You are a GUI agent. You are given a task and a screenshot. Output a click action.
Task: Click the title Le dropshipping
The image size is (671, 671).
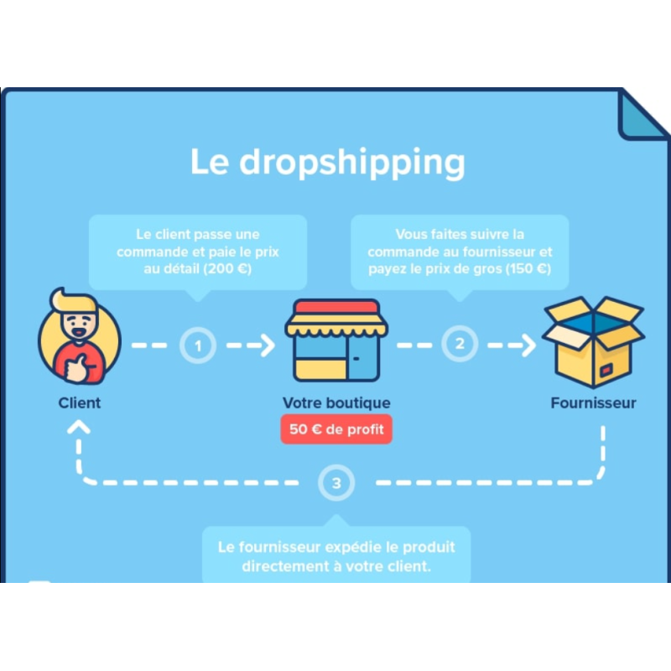click(x=327, y=162)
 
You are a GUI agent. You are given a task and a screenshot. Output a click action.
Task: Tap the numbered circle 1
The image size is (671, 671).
click(x=198, y=346)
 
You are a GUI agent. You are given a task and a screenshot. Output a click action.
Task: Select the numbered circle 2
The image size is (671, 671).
click(x=460, y=344)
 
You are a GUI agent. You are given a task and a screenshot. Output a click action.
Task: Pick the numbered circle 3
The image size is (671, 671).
click(x=336, y=483)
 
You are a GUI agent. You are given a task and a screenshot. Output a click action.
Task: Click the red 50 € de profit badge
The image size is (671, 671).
click(x=336, y=429)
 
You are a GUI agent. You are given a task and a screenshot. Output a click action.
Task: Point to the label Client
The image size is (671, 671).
click(x=80, y=403)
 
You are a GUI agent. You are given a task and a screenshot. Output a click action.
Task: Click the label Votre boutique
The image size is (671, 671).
click(x=336, y=403)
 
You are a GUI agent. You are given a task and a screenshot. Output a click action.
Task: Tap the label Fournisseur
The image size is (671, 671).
click(x=593, y=403)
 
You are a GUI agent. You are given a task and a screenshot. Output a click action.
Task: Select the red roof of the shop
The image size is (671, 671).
click(x=336, y=307)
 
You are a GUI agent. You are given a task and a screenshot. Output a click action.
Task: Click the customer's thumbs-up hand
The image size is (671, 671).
click(x=78, y=367)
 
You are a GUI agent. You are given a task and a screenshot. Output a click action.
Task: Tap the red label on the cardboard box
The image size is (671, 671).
click(x=606, y=370)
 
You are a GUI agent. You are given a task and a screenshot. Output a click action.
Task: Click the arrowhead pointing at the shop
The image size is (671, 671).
click(x=268, y=346)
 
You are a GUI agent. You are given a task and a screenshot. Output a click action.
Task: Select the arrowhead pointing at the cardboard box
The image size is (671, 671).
click(x=529, y=345)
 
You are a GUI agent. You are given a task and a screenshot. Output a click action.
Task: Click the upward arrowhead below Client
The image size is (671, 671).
click(x=79, y=427)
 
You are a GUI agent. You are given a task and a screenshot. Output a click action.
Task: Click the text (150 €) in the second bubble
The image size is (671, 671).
click(x=528, y=268)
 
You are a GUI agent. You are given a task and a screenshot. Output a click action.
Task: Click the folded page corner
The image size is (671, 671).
click(x=641, y=117)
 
